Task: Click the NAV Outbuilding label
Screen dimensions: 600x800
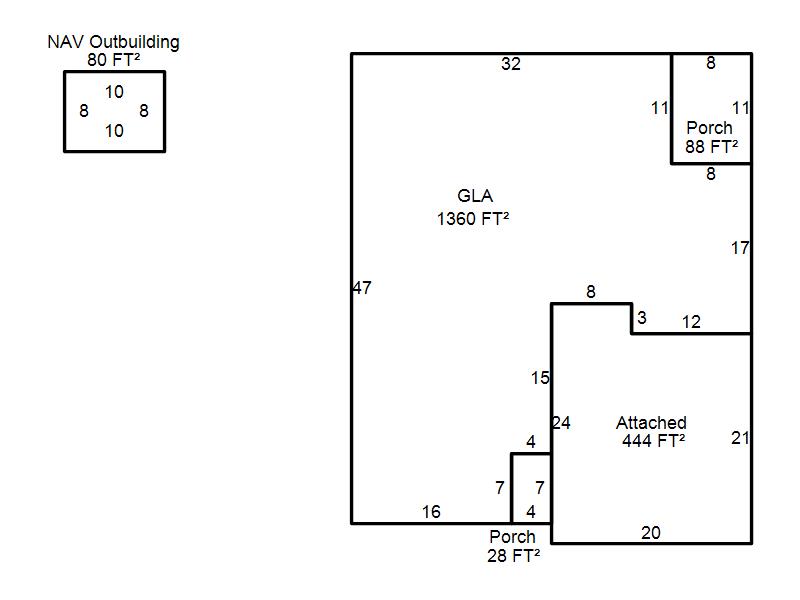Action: [x=114, y=42]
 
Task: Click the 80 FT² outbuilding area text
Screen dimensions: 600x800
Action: [x=114, y=59]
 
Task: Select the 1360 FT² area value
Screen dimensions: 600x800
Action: [x=473, y=219]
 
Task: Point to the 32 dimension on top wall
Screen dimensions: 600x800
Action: [x=511, y=65]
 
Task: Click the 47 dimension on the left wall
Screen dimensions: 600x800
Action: [x=362, y=288]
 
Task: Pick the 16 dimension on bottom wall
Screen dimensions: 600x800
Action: [x=431, y=512]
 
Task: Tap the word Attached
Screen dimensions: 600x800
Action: [x=651, y=423]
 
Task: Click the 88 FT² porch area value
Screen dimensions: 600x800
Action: [x=712, y=146]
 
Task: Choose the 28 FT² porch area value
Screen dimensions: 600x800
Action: [x=514, y=555]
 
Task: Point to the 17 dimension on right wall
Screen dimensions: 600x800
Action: [x=740, y=248]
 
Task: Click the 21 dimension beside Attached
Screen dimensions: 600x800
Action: [x=740, y=438]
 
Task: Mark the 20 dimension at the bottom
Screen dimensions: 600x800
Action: [x=651, y=533]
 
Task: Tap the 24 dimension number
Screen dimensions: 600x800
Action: [x=561, y=423]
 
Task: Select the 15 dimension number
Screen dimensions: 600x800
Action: [x=540, y=378]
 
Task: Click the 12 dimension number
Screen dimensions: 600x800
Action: [x=691, y=322]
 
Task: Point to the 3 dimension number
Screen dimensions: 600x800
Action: [x=642, y=318]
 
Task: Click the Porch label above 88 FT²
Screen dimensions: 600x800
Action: [x=709, y=128]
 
